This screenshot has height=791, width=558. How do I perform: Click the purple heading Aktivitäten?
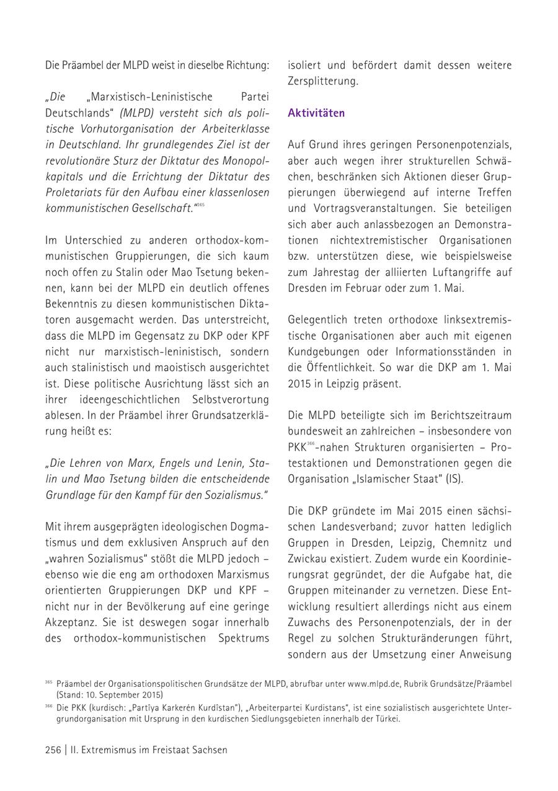tap(316, 113)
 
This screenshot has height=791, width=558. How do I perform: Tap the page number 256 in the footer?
tap(53, 749)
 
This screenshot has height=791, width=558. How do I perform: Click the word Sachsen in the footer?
tap(210, 749)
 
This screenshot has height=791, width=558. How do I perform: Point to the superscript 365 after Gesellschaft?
tap(200, 205)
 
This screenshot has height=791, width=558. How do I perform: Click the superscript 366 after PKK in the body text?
tap(312, 444)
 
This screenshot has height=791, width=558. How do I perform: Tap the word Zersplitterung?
tap(322, 81)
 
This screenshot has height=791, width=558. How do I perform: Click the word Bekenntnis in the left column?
tap(73, 304)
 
